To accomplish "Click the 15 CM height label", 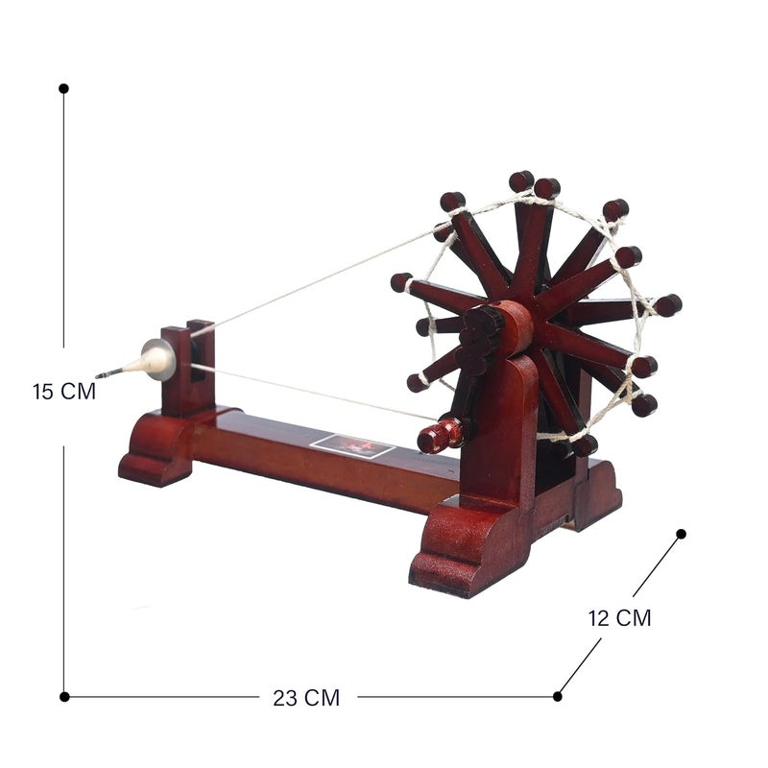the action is [x=64, y=392].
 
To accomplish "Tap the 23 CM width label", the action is [x=306, y=698].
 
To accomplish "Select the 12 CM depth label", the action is [x=619, y=618].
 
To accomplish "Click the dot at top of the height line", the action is [x=63, y=88].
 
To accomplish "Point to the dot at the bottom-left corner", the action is [x=64, y=697].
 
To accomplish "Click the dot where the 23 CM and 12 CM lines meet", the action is [x=558, y=697].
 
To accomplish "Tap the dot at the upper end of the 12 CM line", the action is [x=681, y=534].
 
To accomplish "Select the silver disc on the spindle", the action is [x=159, y=359].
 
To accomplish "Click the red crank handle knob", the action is [x=440, y=435].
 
